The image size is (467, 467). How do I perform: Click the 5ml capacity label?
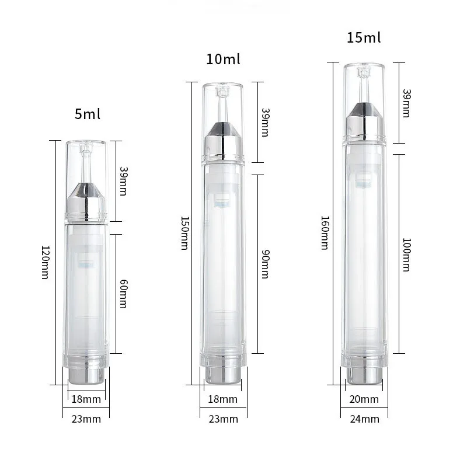pyautogui.click(x=88, y=114)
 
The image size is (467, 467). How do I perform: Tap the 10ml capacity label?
pyautogui.click(x=223, y=60)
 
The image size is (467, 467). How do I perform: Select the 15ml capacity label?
pyautogui.click(x=364, y=38)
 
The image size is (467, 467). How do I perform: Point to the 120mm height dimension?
pyautogui.click(x=44, y=262)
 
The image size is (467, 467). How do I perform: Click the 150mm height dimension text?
pyautogui.click(x=184, y=233)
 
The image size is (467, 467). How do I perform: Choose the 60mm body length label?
pyautogui.click(x=123, y=294)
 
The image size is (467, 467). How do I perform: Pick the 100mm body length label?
pyautogui.click(x=406, y=254)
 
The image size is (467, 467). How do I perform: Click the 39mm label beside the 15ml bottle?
pyautogui.click(x=406, y=103)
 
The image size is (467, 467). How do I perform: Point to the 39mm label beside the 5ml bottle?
pyautogui.click(x=123, y=181)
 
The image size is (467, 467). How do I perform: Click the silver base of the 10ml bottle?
pyautogui.click(x=223, y=375)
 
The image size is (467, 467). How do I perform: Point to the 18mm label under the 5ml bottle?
pyautogui.click(x=86, y=399)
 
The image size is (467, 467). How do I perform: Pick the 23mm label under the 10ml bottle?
pyautogui.click(x=223, y=419)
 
